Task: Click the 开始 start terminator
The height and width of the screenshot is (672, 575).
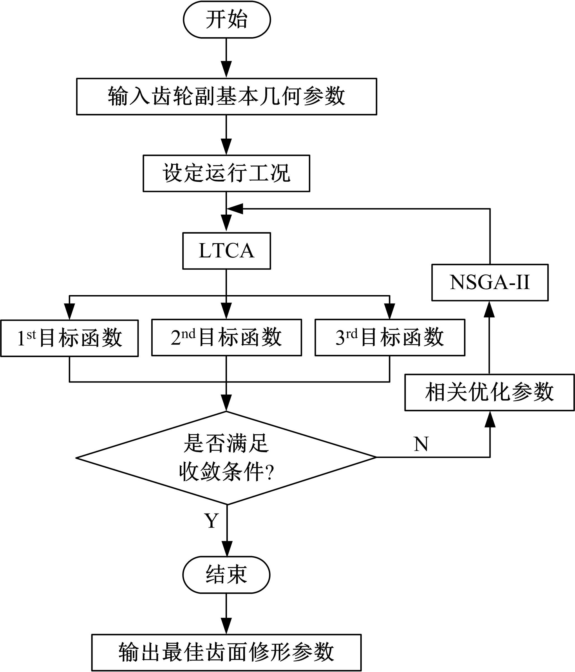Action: tap(226, 20)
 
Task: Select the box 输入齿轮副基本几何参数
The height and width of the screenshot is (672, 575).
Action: tap(226, 96)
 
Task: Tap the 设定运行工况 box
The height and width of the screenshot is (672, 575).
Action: tap(226, 173)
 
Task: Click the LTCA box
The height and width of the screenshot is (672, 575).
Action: tap(226, 251)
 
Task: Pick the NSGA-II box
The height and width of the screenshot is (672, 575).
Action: tap(490, 282)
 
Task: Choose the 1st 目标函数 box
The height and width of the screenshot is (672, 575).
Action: tap(69, 338)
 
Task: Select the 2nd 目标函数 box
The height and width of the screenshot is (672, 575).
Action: tap(226, 337)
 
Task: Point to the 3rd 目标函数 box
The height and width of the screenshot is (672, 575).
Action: tap(390, 337)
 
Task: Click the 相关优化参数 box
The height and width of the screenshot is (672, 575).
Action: tap(489, 392)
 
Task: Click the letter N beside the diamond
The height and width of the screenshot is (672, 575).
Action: tap(421, 444)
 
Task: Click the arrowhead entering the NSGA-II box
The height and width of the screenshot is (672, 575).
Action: tap(489, 309)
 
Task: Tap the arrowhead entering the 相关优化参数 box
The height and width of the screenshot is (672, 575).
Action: tap(490, 419)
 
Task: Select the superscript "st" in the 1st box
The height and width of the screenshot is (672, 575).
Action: tap(31, 335)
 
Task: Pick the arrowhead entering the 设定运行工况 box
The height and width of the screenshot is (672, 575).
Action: tap(226, 147)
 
